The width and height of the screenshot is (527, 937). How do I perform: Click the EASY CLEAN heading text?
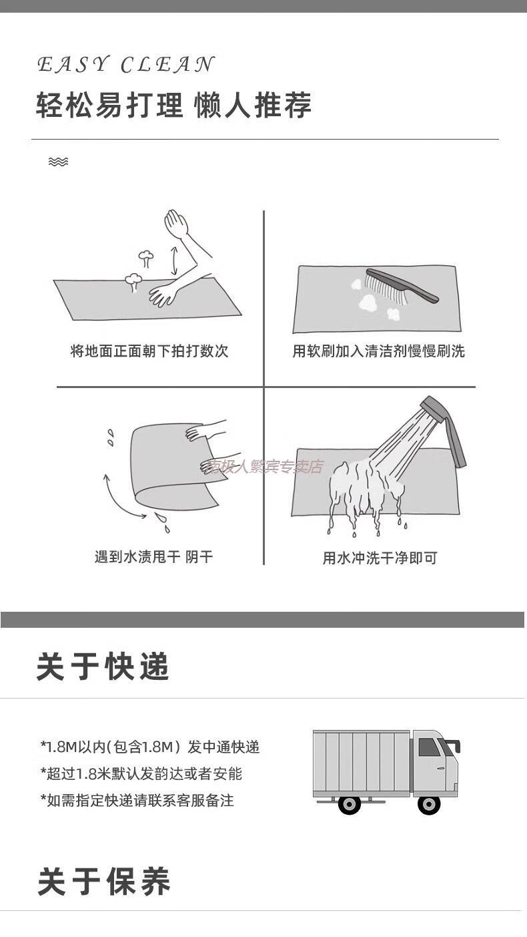[125, 64]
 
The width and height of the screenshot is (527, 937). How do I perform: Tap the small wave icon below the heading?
[58, 162]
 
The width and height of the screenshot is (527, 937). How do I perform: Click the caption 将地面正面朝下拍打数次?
[149, 351]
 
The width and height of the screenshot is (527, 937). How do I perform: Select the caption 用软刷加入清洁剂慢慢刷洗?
[378, 351]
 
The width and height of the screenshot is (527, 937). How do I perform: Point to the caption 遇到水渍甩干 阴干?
[153, 557]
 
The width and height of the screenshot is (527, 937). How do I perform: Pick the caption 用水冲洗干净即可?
[380, 558]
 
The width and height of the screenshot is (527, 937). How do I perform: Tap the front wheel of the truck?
[428, 803]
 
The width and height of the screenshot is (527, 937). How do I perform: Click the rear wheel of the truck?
[350, 803]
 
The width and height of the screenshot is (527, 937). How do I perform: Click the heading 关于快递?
[103, 667]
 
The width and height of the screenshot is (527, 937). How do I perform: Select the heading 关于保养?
[104, 882]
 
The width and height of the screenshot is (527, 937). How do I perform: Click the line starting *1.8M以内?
[150, 747]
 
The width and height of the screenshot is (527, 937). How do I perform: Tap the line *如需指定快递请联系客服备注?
[137, 800]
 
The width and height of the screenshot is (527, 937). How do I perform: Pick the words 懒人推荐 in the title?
[253, 105]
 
